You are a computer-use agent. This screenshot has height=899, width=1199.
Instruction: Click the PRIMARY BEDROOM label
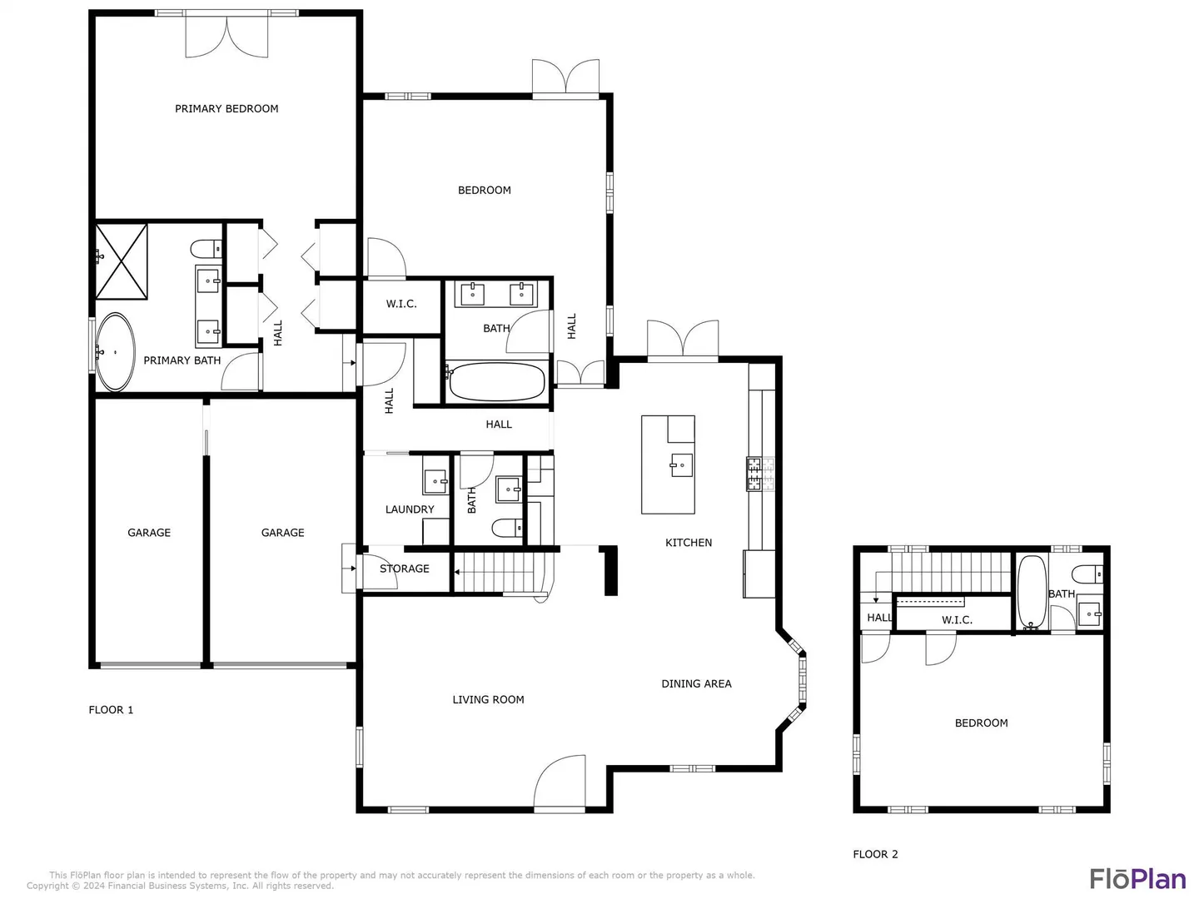[x=226, y=108]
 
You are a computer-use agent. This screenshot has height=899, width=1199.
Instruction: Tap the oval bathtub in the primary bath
[x=115, y=352]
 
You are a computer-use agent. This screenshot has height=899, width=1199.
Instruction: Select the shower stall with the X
[x=122, y=261]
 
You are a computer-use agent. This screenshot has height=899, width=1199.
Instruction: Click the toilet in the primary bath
[x=206, y=249]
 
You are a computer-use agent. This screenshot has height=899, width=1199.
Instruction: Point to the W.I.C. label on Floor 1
[x=401, y=304]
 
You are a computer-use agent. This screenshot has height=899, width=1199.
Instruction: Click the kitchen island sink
[x=681, y=465]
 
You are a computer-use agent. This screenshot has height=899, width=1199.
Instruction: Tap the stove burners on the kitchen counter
[x=760, y=474]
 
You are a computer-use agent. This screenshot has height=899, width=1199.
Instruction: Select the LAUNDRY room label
[x=409, y=509]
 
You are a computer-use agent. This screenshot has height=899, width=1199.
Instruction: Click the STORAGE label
[x=404, y=569]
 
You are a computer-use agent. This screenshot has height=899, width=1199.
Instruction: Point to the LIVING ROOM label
[x=488, y=699]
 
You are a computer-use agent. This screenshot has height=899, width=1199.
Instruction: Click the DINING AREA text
[x=696, y=683]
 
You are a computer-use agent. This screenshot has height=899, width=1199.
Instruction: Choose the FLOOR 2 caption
[x=875, y=854]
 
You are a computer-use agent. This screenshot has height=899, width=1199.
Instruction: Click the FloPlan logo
[x=1137, y=879]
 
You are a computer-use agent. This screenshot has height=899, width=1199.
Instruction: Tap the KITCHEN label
[x=689, y=543]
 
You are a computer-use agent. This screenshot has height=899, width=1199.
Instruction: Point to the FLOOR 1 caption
[x=111, y=709]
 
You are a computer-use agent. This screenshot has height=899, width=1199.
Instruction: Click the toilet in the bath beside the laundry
[x=507, y=528]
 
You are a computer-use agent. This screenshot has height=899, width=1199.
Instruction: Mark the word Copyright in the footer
[x=47, y=886]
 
